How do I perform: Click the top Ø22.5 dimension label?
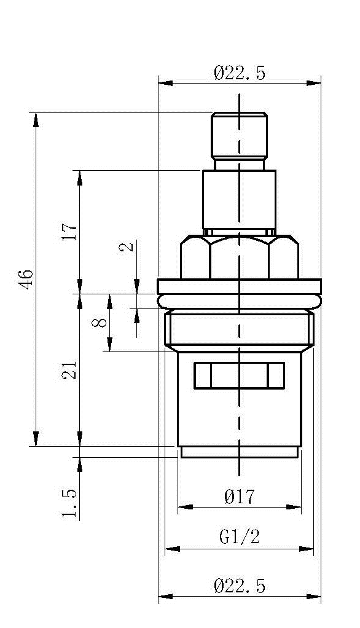tap(240, 74)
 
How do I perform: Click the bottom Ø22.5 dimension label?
tap(240, 586)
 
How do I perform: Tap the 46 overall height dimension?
tap(26, 280)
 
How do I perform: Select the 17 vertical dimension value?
tap(69, 232)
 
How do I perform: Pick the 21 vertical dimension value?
tap(69, 370)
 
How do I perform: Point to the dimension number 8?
tap(100, 323)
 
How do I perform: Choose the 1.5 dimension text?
tap(69, 503)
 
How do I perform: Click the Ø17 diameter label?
tap(240, 497)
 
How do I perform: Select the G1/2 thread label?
tap(240, 536)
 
